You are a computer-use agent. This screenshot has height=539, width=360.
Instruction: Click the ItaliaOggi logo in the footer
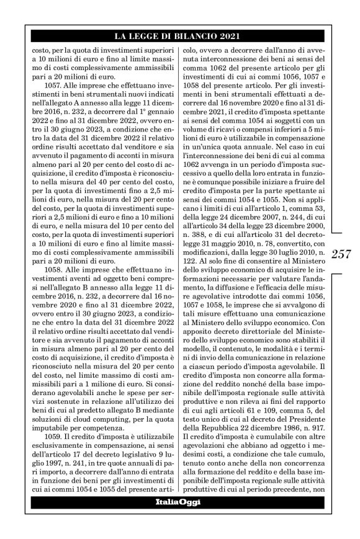tap(178, 520)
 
